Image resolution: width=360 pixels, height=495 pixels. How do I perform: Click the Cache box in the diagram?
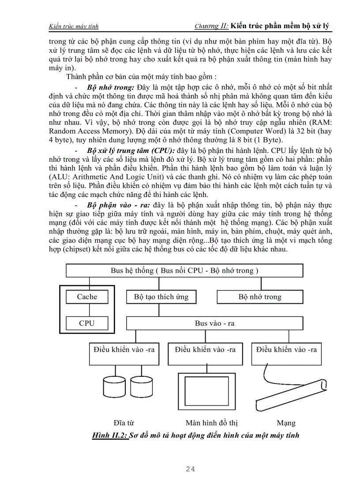[87, 297]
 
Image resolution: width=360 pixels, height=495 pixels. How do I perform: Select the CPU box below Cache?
[87, 323]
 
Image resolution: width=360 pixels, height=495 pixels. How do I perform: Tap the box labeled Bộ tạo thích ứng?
[161, 297]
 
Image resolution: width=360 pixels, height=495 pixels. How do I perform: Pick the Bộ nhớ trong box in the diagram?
[259, 297]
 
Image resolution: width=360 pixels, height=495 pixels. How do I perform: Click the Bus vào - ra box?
[214, 323]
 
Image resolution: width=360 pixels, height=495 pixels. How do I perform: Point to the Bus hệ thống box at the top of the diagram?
[184, 270]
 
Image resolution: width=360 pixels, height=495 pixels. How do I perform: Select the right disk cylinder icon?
[141, 386]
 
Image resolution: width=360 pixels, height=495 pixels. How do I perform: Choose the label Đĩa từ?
[124, 423]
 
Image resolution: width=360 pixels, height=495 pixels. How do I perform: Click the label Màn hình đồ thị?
[212, 423]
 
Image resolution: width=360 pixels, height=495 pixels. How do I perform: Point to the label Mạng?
[286, 423]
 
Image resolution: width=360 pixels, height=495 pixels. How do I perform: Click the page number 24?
[191, 469]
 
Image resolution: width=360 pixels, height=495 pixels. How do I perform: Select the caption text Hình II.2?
[109, 435]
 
